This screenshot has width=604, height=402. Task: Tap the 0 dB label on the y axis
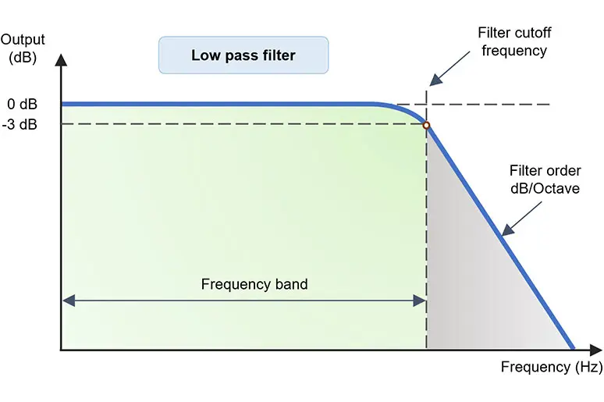click(x=22, y=104)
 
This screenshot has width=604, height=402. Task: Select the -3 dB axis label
click(x=20, y=124)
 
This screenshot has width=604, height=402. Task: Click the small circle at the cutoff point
click(x=426, y=125)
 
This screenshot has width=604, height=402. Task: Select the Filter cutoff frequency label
click(x=513, y=42)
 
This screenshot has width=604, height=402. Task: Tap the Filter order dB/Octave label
click(x=544, y=179)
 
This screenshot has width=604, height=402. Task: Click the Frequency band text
click(x=254, y=284)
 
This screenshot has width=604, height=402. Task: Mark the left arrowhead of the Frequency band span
click(x=67, y=299)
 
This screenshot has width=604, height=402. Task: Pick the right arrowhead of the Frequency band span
click(x=420, y=299)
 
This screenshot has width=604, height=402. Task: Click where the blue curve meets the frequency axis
click(x=574, y=349)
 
